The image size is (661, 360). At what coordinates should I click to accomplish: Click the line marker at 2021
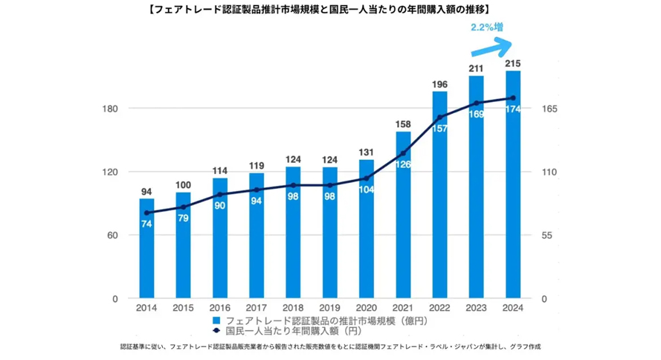coord(403,153)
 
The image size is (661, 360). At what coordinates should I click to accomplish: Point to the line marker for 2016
coord(219,194)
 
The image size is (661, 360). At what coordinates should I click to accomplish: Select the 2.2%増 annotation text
coord(487,28)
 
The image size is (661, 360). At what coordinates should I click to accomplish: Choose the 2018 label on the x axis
coord(293,308)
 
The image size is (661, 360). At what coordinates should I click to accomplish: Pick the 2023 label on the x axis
coord(476,308)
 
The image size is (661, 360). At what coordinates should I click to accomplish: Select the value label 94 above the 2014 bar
coord(146,191)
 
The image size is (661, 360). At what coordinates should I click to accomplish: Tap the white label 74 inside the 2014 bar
coord(146,224)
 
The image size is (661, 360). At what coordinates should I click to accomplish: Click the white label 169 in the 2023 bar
coord(477,114)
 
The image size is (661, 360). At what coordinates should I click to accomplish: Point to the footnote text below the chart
coord(329,347)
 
